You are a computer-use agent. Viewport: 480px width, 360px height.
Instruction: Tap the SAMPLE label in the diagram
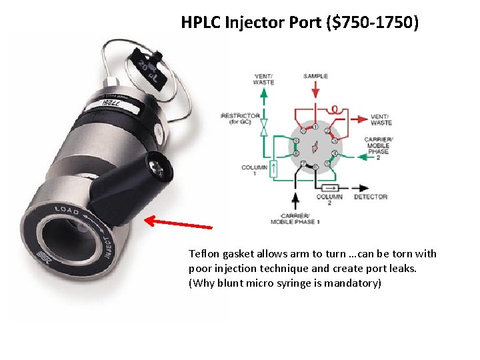(x=315, y=76)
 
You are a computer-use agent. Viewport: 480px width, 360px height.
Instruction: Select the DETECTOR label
(x=371, y=197)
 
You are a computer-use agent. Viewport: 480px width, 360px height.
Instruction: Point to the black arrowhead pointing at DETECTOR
(x=364, y=188)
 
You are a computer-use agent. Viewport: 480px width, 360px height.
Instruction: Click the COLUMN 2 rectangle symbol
(x=330, y=188)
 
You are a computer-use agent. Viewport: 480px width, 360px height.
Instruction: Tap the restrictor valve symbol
(x=264, y=126)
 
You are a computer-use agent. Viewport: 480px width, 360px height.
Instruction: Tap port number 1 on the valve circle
(x=315, y=126)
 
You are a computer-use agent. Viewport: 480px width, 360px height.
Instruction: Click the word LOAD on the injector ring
(x=67, y=211)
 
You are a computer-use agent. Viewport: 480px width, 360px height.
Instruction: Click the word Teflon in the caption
(x=203, y=253)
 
